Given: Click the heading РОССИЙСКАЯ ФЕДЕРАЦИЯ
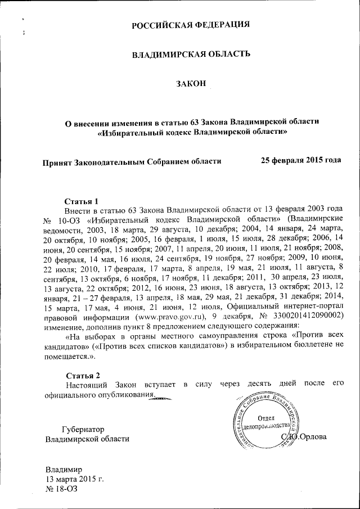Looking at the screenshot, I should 191,25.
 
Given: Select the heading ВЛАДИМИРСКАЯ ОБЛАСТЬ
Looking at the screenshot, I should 191,55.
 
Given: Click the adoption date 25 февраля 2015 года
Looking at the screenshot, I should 301,160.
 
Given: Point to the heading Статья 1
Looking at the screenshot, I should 82,200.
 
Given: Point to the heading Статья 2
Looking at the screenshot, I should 82,375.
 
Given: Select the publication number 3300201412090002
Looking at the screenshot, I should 304,316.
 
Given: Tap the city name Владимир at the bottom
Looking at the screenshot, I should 64,469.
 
